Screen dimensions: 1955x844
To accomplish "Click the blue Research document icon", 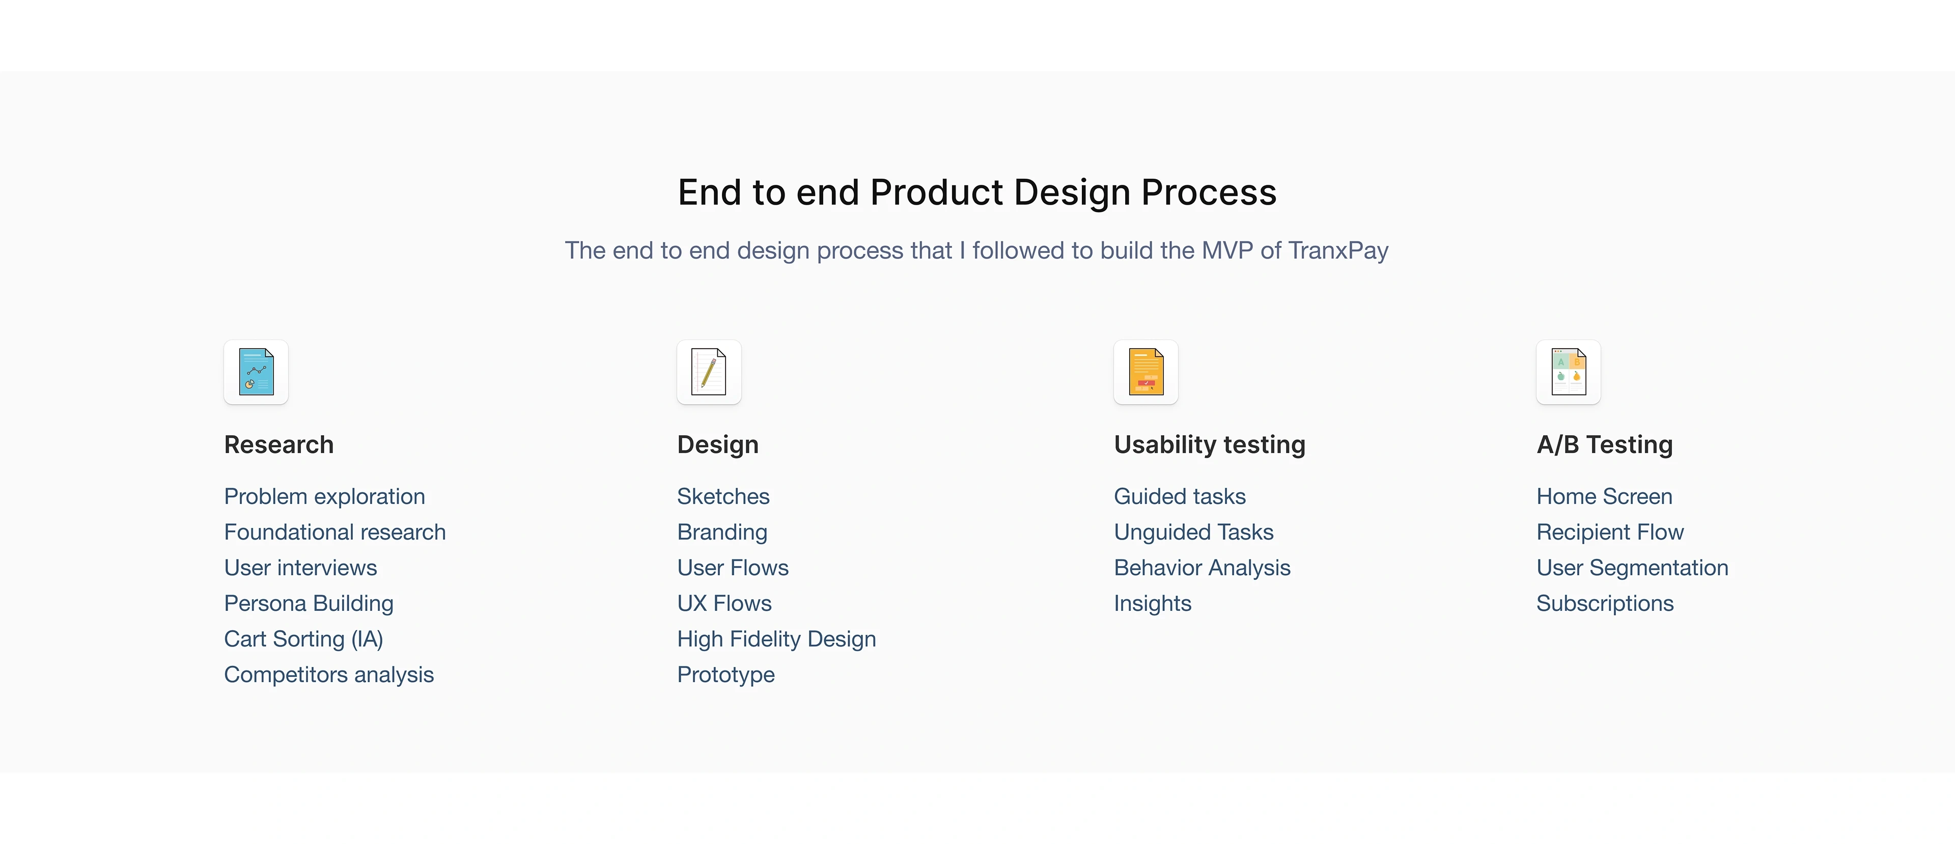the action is (256, 372).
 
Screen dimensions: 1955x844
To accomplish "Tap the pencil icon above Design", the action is (709, 372).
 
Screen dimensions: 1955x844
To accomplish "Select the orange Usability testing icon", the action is (1146, 372).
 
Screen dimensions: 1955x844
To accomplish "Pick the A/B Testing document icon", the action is (1569, 372).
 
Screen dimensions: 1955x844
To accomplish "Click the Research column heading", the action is (278, 445).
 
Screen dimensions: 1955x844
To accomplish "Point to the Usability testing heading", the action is (1210, 445).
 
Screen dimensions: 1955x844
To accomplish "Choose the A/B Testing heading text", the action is (1604, 445).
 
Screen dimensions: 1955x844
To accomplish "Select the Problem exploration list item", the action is (324, 496).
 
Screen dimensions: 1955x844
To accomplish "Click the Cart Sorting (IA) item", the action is (303, 639).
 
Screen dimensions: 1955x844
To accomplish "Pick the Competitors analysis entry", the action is (328, 675).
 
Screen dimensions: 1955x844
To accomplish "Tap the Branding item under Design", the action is (722, 532).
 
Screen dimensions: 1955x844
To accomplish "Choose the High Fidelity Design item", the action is (776, 639).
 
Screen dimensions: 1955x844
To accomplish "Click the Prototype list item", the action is (725, 675).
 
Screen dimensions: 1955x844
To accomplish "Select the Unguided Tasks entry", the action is (1194, 532).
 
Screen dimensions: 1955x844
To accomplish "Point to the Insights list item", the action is (1153, 603).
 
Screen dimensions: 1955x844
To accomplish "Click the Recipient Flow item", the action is (1610, 532).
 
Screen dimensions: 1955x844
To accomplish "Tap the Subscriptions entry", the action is (1605, 603).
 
